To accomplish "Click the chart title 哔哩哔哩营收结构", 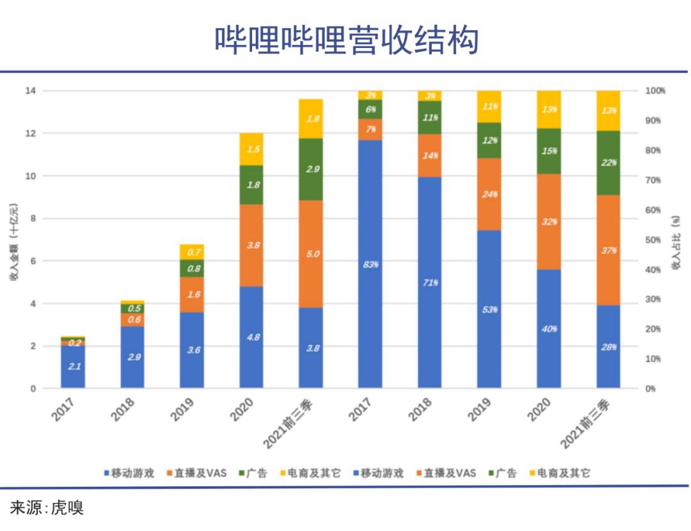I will [346, 40].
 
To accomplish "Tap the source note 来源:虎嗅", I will [47, 509].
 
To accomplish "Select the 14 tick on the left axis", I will [30, 91].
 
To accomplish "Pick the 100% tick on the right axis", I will [655, 91].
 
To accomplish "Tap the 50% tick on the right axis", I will [653, 240].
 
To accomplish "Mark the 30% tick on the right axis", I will [653, 299].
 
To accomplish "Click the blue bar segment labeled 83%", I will [370, 264].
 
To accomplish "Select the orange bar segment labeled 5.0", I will [311, 254].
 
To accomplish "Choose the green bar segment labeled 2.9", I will [311, 170].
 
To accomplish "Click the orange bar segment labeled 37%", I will [608, 250].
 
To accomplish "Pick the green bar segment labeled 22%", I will [608, 163].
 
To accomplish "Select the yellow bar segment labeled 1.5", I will [251, 149].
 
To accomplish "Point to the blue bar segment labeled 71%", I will [430, 282].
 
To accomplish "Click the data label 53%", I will [490, 310].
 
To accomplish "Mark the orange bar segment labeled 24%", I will [489, 194].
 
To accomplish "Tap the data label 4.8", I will [251, 337].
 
